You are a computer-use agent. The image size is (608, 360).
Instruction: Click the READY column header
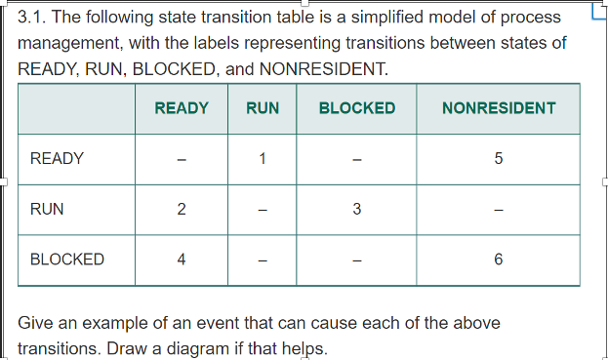[182, 108]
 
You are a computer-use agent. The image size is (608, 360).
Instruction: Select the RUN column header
[263, 108]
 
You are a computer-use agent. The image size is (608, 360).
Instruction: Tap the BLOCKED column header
[357, 108]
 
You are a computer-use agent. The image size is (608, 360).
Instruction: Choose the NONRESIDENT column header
[499, 108]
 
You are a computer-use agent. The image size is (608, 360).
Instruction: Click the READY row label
[58, 158]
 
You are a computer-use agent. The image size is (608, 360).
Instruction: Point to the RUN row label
[48, 209]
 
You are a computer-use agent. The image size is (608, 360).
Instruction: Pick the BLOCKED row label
[67, 260]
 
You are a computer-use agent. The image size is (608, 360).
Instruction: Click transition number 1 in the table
[263, 159]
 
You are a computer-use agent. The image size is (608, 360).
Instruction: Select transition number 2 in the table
[182, 210]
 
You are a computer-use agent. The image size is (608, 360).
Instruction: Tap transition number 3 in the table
[357, 210]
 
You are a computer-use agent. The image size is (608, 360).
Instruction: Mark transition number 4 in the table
[182, 260]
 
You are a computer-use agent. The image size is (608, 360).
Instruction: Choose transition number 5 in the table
[499, 159]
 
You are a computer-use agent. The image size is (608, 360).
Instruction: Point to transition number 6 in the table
[499, 260]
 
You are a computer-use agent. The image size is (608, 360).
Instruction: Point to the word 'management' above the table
[69, 44]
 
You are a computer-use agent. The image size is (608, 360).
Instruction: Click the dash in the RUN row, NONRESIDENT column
[499, 210]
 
